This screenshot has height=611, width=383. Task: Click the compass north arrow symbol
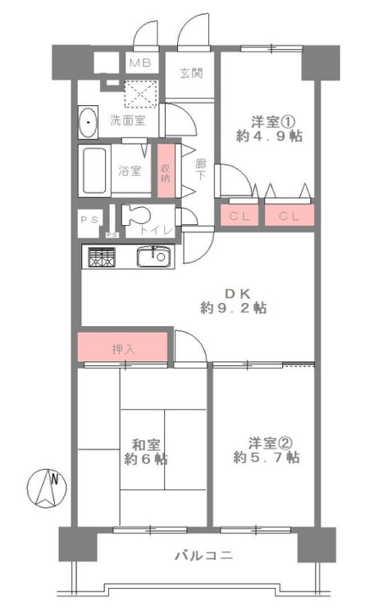[x=46, y=488]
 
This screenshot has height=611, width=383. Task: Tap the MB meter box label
[x=140, y=62]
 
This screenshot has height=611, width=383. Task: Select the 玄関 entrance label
[x=191, y=73]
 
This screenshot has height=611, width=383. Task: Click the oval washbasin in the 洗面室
[x=88, y=122]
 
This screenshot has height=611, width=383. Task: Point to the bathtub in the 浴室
[x=94, y=171]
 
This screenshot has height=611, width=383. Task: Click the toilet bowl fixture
[x=135, y=215]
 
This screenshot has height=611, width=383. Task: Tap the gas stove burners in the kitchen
[x=102, y=257]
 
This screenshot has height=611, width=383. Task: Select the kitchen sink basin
[x=153, y=257]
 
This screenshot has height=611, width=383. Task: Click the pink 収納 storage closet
[x=166, y=171]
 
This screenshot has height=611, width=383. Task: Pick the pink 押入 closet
[x=122, y=347]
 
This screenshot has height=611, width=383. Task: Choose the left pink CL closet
[x=239, y=215]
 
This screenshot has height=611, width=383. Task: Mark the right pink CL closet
[x=290, y=215]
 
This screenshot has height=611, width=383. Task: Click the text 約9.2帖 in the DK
[x=233, y=308]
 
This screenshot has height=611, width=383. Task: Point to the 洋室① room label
[x=271, y=122]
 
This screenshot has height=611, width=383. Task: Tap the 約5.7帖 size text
[x=267, y=457]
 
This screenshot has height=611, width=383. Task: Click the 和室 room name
[x=145, y=444]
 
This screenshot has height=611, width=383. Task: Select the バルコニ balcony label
[x=203, y=555]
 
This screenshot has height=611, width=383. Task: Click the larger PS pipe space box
[x=90, y=223]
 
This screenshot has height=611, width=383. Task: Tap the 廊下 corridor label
[x=200, y=169]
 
